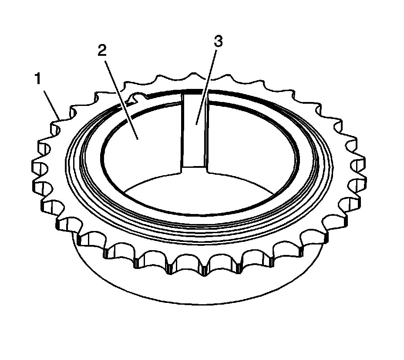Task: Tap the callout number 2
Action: point(102,51)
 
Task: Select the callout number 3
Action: point(218,42)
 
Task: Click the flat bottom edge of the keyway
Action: point(194,166)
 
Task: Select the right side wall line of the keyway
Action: point(207,131)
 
